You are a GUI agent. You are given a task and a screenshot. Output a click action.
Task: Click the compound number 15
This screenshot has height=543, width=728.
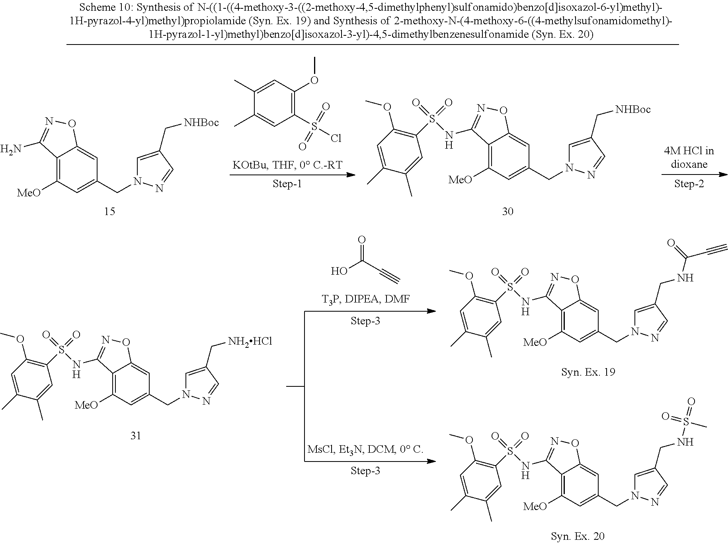point(109,211)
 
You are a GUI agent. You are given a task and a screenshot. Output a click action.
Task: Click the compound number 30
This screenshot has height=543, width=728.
point(507,211)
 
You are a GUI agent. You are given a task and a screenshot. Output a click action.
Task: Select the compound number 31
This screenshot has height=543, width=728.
point(136,436)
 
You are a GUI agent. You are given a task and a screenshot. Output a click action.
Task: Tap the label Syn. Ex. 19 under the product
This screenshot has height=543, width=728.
point(588,372)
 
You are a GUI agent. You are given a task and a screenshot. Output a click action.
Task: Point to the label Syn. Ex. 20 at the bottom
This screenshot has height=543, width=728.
point(578,536)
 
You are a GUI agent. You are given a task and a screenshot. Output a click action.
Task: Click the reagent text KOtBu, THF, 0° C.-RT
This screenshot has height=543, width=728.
point(287,165)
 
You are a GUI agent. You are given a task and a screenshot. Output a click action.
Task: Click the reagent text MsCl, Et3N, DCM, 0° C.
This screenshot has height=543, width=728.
point(365,450)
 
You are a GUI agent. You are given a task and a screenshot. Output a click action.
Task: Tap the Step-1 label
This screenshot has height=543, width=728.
point(287,184)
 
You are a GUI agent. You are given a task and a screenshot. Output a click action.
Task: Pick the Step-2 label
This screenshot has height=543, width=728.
point(689,184)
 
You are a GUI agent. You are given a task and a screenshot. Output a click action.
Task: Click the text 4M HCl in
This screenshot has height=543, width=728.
point(689,151)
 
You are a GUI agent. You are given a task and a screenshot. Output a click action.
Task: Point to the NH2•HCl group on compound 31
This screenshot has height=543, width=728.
point(250,341)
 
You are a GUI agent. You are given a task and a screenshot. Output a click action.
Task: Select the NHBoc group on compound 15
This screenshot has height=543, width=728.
point(201,122)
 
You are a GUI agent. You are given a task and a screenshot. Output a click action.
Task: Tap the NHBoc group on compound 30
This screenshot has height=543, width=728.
point(633,109)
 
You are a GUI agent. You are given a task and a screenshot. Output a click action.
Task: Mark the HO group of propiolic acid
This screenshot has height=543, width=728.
point(340,271)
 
